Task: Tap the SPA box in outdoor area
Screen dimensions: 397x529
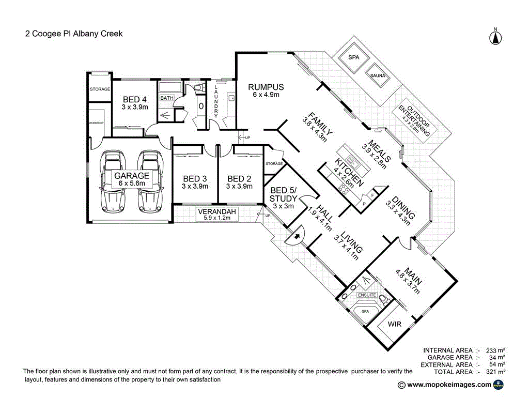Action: tap(354, 58)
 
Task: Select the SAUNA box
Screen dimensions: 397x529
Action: tap(381, 75)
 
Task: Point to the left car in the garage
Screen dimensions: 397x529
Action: tap(114, 181)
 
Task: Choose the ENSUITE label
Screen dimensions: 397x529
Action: tap(367, 294)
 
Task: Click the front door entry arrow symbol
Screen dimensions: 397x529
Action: tap(296, 238)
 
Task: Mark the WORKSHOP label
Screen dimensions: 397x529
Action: tap(97, 123)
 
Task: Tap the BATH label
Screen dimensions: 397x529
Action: tap(167, 98)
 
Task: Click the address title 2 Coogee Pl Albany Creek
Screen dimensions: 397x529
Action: tap(74, 34)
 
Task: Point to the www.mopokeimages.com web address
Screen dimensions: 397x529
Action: tap(449, 385)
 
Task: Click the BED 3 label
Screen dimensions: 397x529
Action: tap(195, 182)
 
